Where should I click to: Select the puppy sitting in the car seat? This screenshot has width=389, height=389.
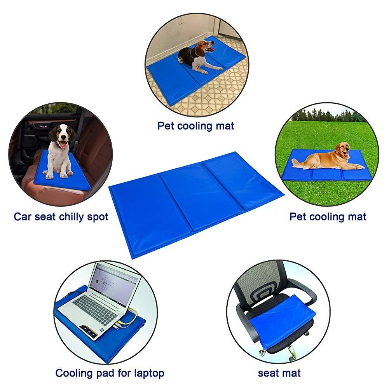60,150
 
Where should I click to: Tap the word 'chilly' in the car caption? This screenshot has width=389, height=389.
73,216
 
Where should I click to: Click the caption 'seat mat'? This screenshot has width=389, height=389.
279,373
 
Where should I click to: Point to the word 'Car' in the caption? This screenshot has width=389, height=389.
22,216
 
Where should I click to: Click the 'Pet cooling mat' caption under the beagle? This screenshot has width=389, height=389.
196,126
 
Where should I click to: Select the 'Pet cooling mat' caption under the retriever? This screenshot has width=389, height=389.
328,216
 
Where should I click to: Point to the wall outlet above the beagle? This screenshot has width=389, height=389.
181,19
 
